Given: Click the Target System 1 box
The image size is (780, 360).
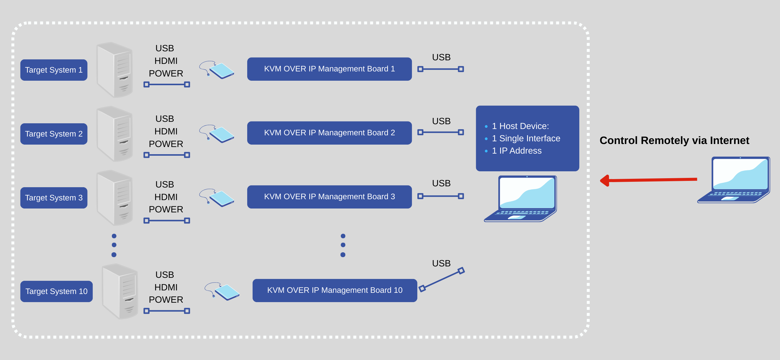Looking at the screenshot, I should (54, 70).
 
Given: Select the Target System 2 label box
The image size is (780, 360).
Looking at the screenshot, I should (54, 134).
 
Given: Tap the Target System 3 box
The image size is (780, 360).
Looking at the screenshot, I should (54, 198).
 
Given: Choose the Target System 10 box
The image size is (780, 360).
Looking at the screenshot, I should (56, 291).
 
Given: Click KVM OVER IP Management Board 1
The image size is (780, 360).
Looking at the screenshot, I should (329, 69).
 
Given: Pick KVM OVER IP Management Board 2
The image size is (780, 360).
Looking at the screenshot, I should (329, 133).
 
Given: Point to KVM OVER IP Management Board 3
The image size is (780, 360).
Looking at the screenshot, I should (329, 197).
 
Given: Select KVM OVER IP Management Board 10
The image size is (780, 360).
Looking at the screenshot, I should (334, 290).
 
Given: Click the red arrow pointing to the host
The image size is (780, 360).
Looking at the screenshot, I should (648, 180).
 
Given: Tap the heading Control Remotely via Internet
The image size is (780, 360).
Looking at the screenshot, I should (674, 140).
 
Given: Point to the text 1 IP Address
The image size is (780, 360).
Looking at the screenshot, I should (517, 151).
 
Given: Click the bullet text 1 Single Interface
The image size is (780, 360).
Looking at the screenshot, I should (526, 138).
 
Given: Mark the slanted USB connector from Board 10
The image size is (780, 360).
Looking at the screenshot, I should (442, 280).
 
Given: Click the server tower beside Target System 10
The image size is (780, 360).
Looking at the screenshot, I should (121, 291).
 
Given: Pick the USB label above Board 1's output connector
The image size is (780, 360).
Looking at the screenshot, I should (441, 57).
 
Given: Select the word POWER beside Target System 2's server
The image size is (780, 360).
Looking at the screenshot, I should (166, 144).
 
